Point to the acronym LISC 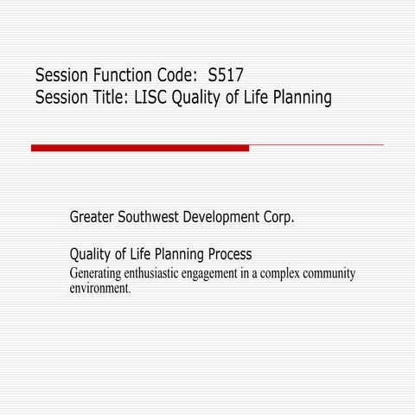pyautogui.click(x=151, y=98)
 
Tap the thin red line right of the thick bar pyautogui.click(x=316, y=145)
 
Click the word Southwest pyautogui.click(x=153, y=216)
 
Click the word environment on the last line pyautogui.click(x=99, y=288)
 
